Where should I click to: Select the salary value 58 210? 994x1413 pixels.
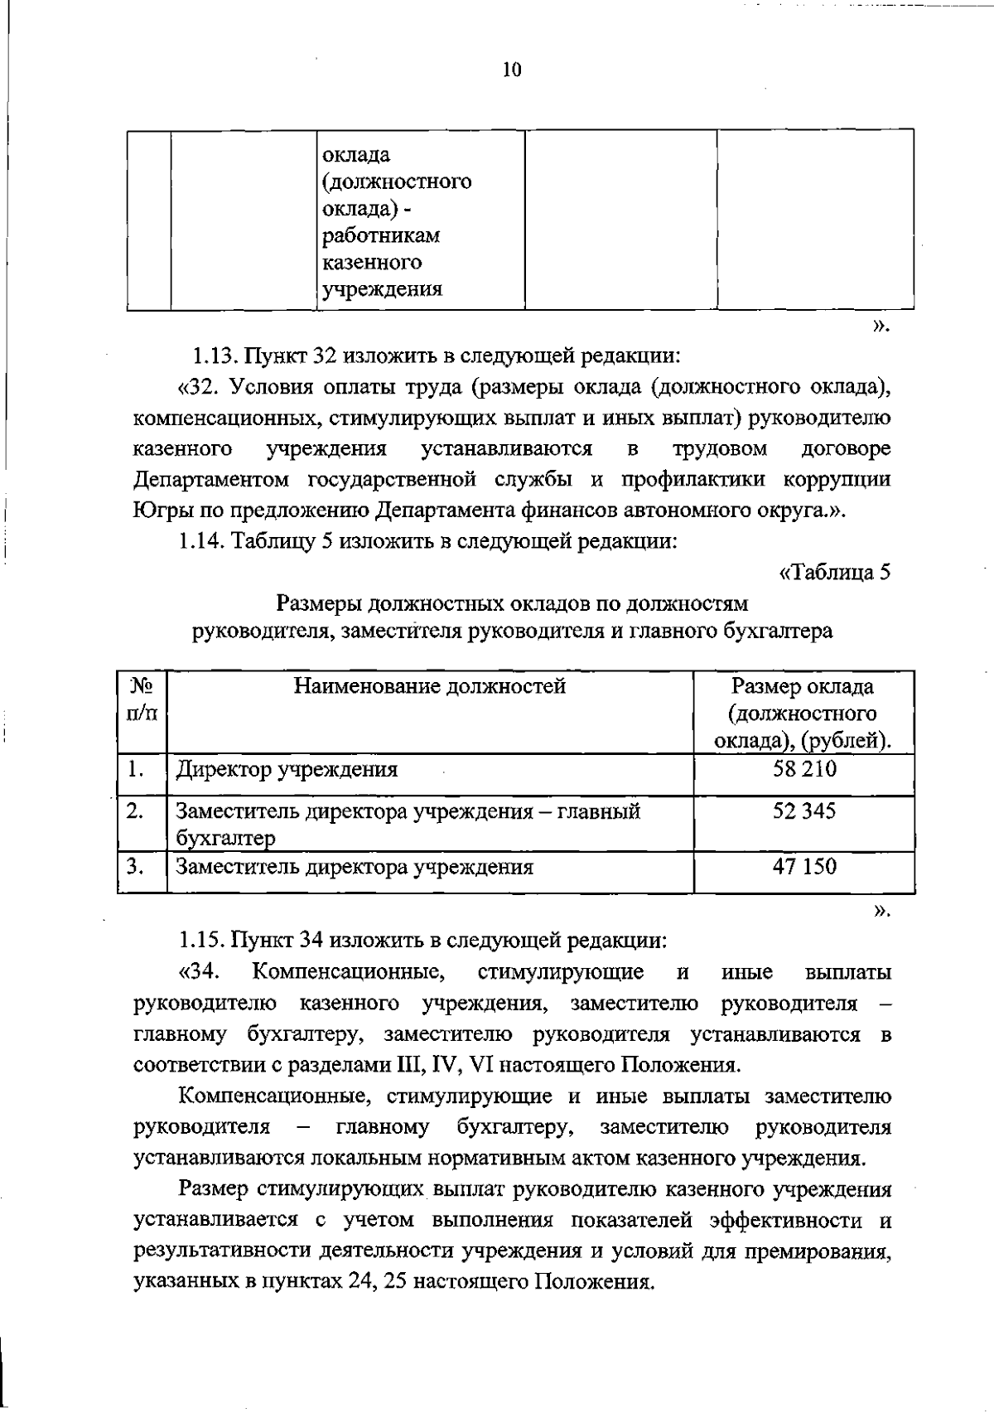[x=804, y=769]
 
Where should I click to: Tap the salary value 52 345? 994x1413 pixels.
[x=804, y=811]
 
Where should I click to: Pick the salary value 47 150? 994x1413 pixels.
[x=804, y=867]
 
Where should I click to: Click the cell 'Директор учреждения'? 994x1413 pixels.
[x=287, y=770]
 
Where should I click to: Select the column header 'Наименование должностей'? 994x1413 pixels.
[x=430, y=686]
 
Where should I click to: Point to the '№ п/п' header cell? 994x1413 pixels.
[x=142, y=699]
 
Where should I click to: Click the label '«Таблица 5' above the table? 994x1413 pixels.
[x=835, y=572]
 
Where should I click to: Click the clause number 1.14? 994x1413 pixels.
[x=199, y=541]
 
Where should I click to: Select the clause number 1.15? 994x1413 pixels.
[x=199, y=941]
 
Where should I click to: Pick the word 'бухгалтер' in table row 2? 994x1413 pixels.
[x=225, y=839]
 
